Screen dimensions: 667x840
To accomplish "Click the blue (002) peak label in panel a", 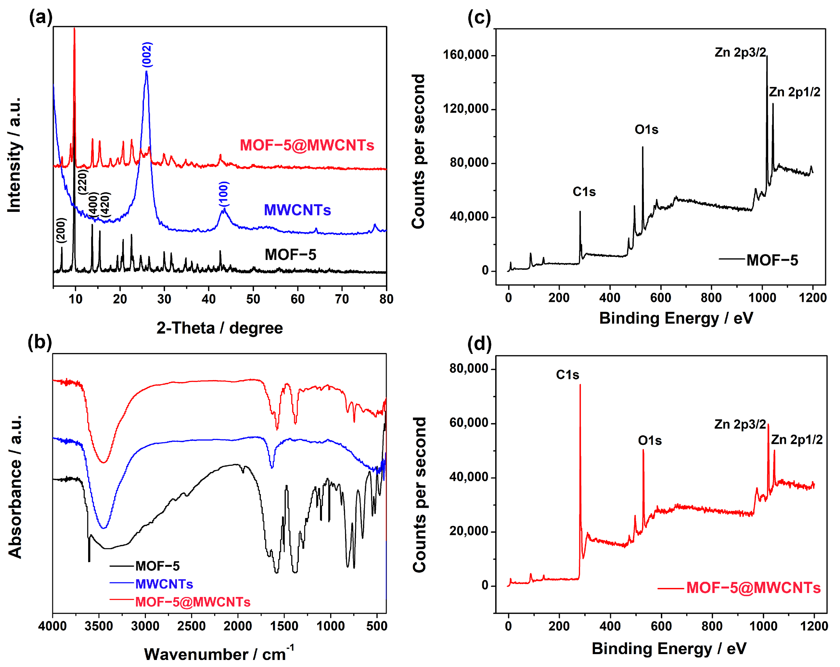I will [147, 55].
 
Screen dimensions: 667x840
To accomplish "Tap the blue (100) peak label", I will [224, 194].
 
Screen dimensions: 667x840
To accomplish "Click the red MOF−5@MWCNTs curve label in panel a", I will [307, 145].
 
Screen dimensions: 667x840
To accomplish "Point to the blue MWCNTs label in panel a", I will [297, 210].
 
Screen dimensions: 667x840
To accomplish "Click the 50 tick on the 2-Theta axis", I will [253, 299].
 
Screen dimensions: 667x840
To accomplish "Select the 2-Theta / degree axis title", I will [220, 328].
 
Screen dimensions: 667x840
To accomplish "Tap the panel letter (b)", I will [40, 342].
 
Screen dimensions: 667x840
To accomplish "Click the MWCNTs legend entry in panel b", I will [164, 584].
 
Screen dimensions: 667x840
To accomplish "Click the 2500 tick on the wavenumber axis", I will [191, 626].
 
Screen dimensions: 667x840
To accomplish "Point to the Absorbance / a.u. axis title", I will [15, 486].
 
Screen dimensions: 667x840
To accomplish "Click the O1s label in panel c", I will [646, 129].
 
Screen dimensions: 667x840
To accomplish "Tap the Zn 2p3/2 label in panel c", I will [740, 52].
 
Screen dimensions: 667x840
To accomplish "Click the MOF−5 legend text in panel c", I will [772, 260].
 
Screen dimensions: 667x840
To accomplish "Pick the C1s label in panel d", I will [567, 375].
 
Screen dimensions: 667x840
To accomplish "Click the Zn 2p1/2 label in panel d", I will [797, 440].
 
